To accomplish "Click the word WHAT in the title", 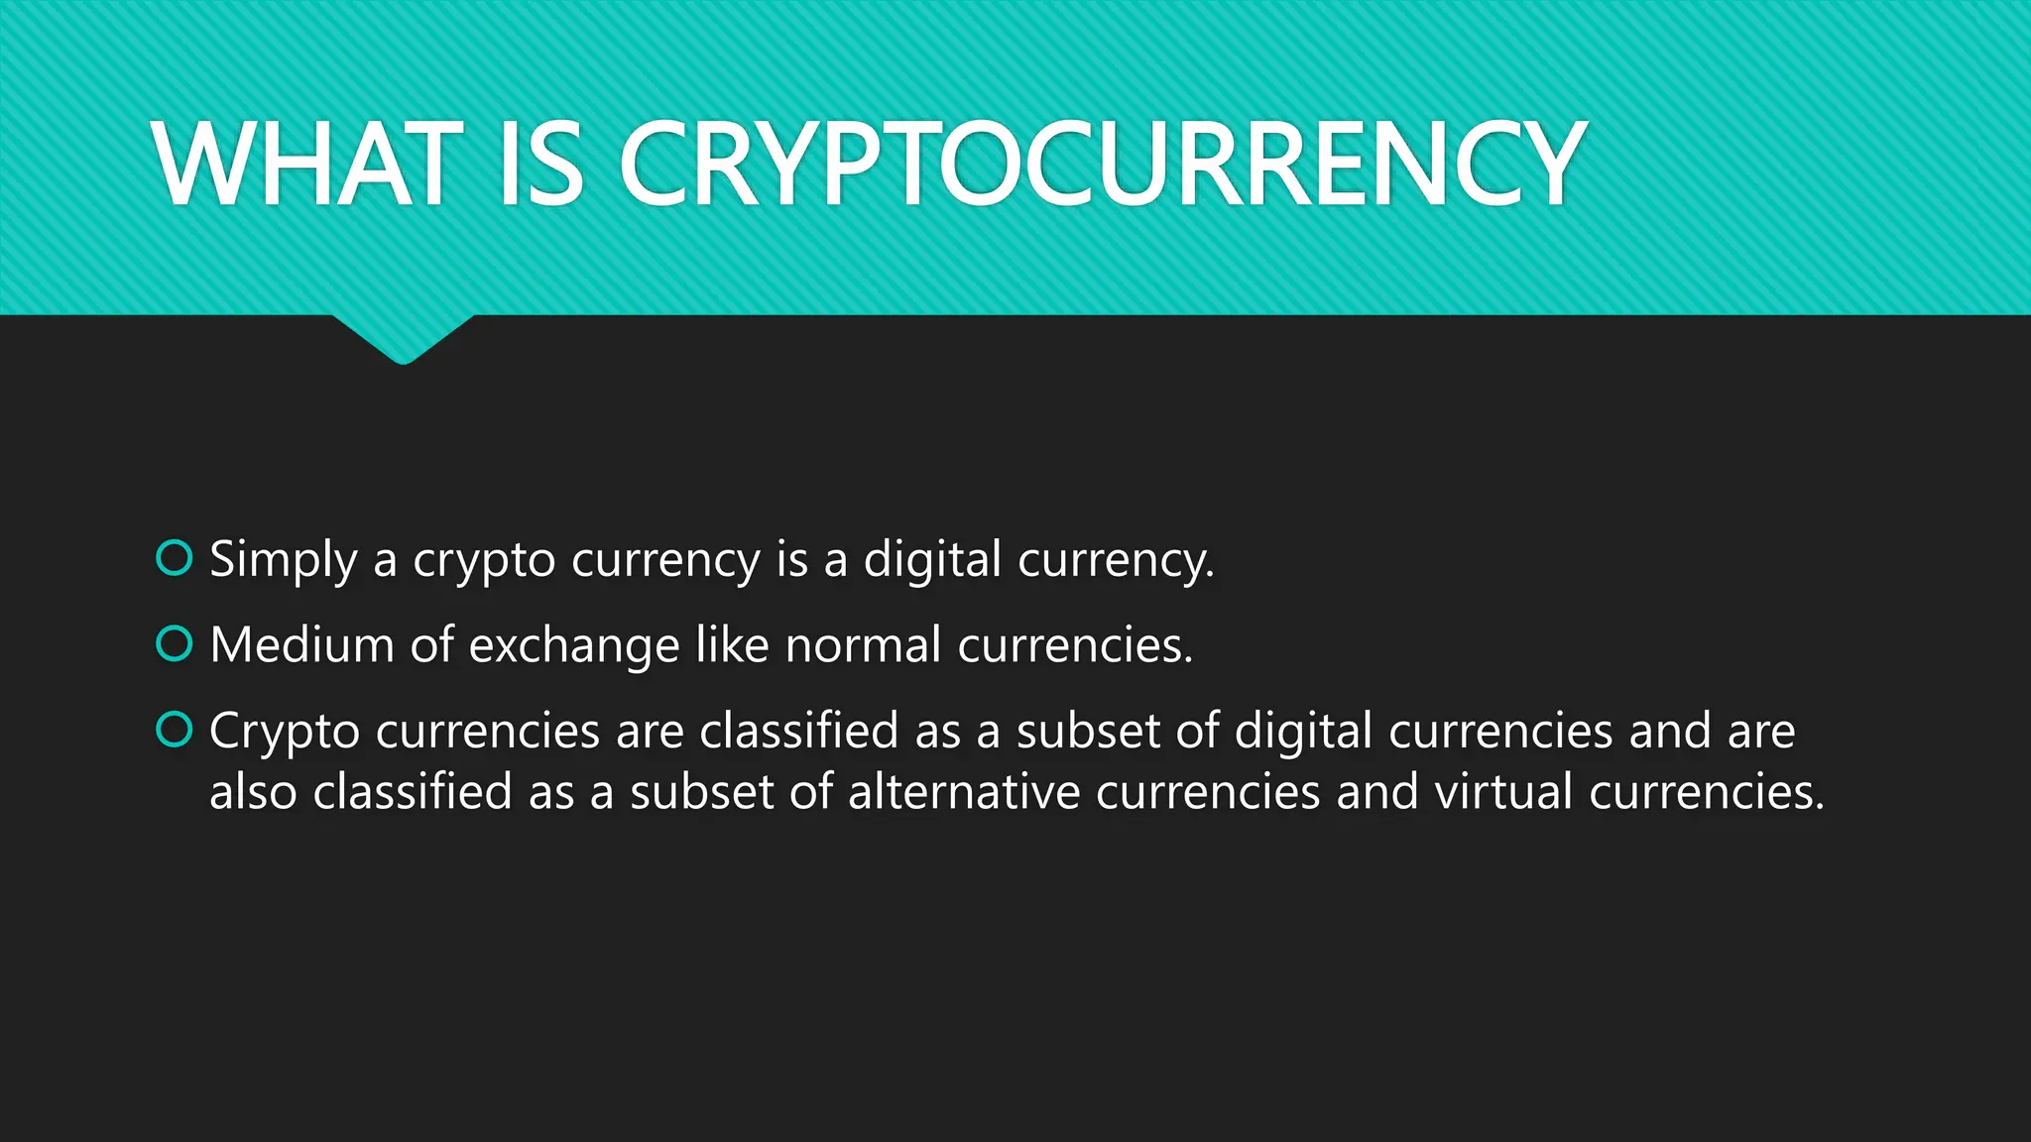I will (308, 164).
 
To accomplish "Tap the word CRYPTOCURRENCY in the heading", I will (1102, 164).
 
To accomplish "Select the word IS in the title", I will (540, 164).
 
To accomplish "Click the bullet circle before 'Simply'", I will (175, 558).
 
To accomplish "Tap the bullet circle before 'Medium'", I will (175, 644).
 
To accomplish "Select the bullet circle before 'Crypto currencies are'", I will (175, 731).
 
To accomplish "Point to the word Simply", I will (284, 560).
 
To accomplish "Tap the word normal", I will (863, 645).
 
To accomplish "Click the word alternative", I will (964, 792).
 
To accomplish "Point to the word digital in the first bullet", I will (932, 560).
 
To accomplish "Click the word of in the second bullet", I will (432, 645).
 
